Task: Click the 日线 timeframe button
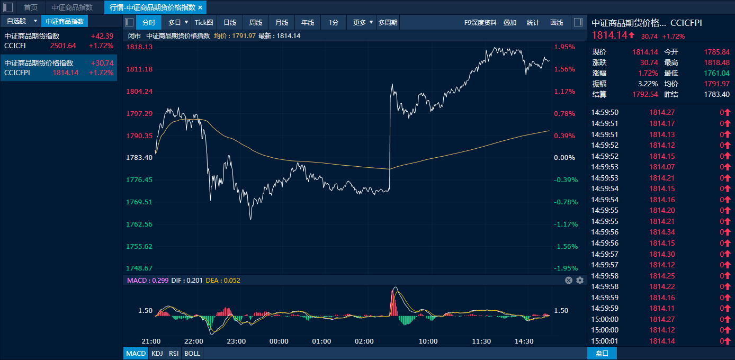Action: tap(230, 22)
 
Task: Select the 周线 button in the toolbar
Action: tap(256, 22)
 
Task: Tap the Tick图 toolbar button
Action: tap(204, 22)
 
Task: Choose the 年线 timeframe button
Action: tap(308, 22)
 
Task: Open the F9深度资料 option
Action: tap(480, 22)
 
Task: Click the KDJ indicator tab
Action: tap(157, 353)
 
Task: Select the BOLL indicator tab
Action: tap(192, 353)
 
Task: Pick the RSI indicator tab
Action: tap(173, 353)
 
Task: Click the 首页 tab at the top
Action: tap(31, 7)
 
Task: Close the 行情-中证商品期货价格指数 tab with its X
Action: tap(200, 7)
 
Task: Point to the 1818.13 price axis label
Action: tap(139, 47)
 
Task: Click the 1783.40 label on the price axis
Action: tap(139, 157)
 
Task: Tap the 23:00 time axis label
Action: tap(236, 341)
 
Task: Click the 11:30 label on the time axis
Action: tap(481, 341)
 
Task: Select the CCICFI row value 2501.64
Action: tap(63, 46)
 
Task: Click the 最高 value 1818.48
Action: tap(717, 62)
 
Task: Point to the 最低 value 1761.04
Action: tap(717, 73)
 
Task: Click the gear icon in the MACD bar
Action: tap(580, 280)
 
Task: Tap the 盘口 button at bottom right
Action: tap(602, 353)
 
